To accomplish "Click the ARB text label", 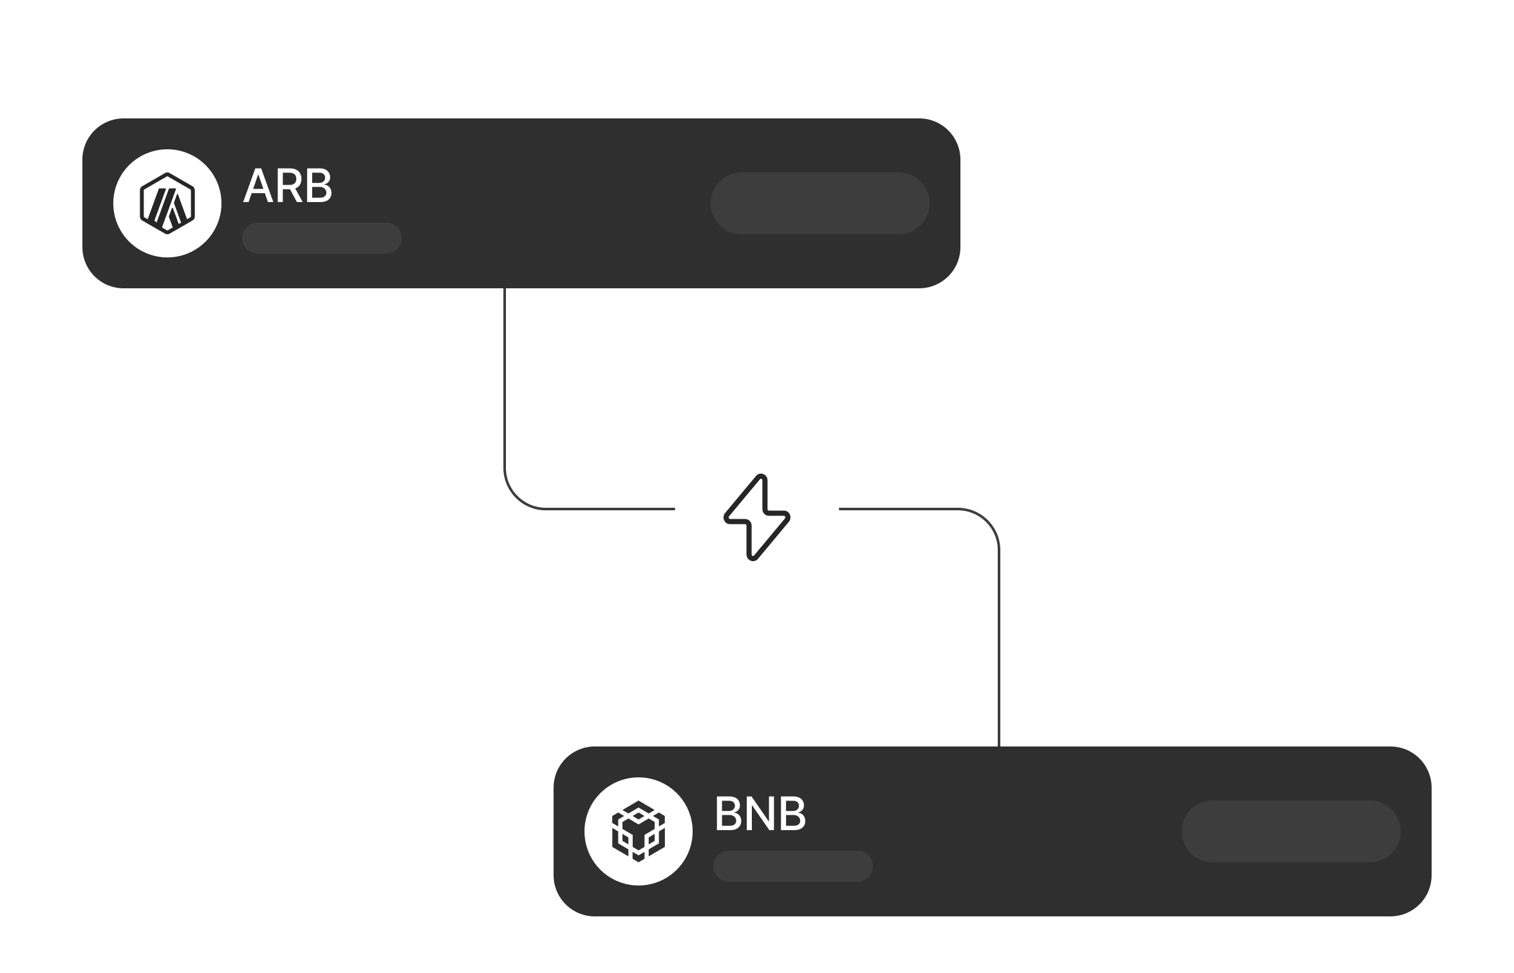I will (287, 187).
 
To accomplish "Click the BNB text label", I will (760, 815).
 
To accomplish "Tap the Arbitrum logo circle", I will (167, 203).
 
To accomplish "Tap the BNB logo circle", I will (639, 831).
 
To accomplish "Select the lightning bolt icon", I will (757, 517).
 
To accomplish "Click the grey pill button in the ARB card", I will (819, 203).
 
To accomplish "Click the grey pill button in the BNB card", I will (1291, 831).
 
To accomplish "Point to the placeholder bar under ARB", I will (322, 238).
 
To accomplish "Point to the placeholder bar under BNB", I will (793, 866).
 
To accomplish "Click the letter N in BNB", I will (760, 815).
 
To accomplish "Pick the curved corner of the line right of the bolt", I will (987, 521).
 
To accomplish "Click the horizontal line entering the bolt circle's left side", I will (612, 509).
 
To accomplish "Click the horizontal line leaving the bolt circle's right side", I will (901, 509).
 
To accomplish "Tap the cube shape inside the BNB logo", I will (639, 831).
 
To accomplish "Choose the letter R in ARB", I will (288, 187).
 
